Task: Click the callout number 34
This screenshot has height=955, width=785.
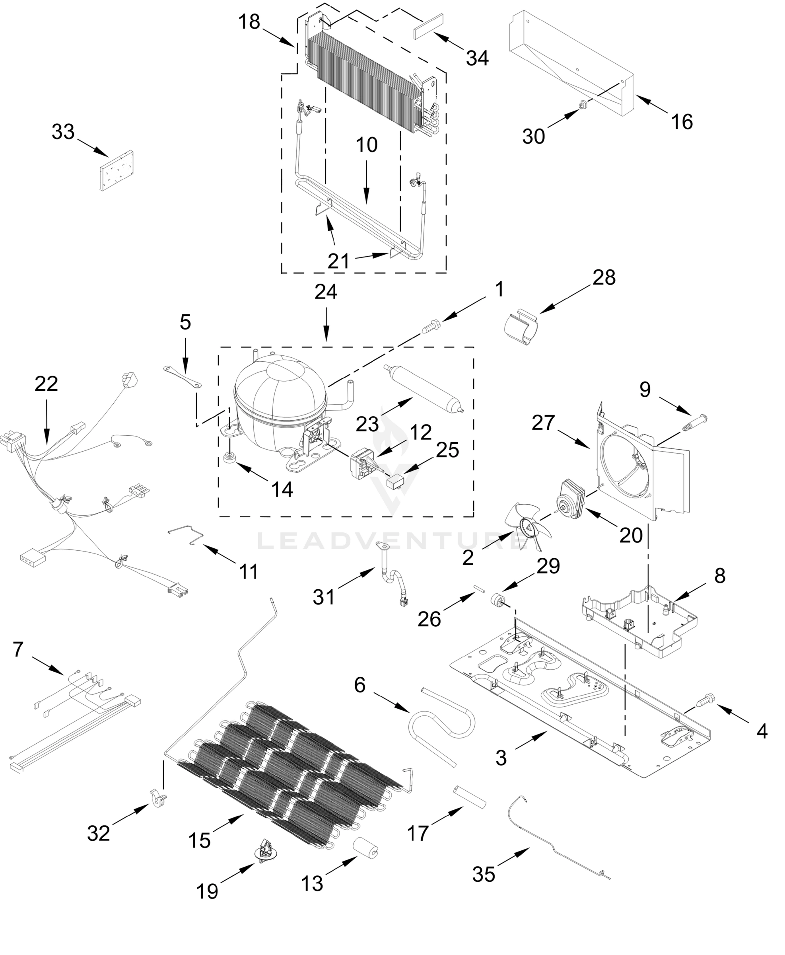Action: click(x=478, y=58)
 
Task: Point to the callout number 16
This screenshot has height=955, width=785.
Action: click(x=682, y=122)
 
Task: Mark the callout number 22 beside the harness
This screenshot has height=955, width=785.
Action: click(x=46, y=384)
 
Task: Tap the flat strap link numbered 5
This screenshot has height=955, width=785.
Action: click(x=182, y=377)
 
